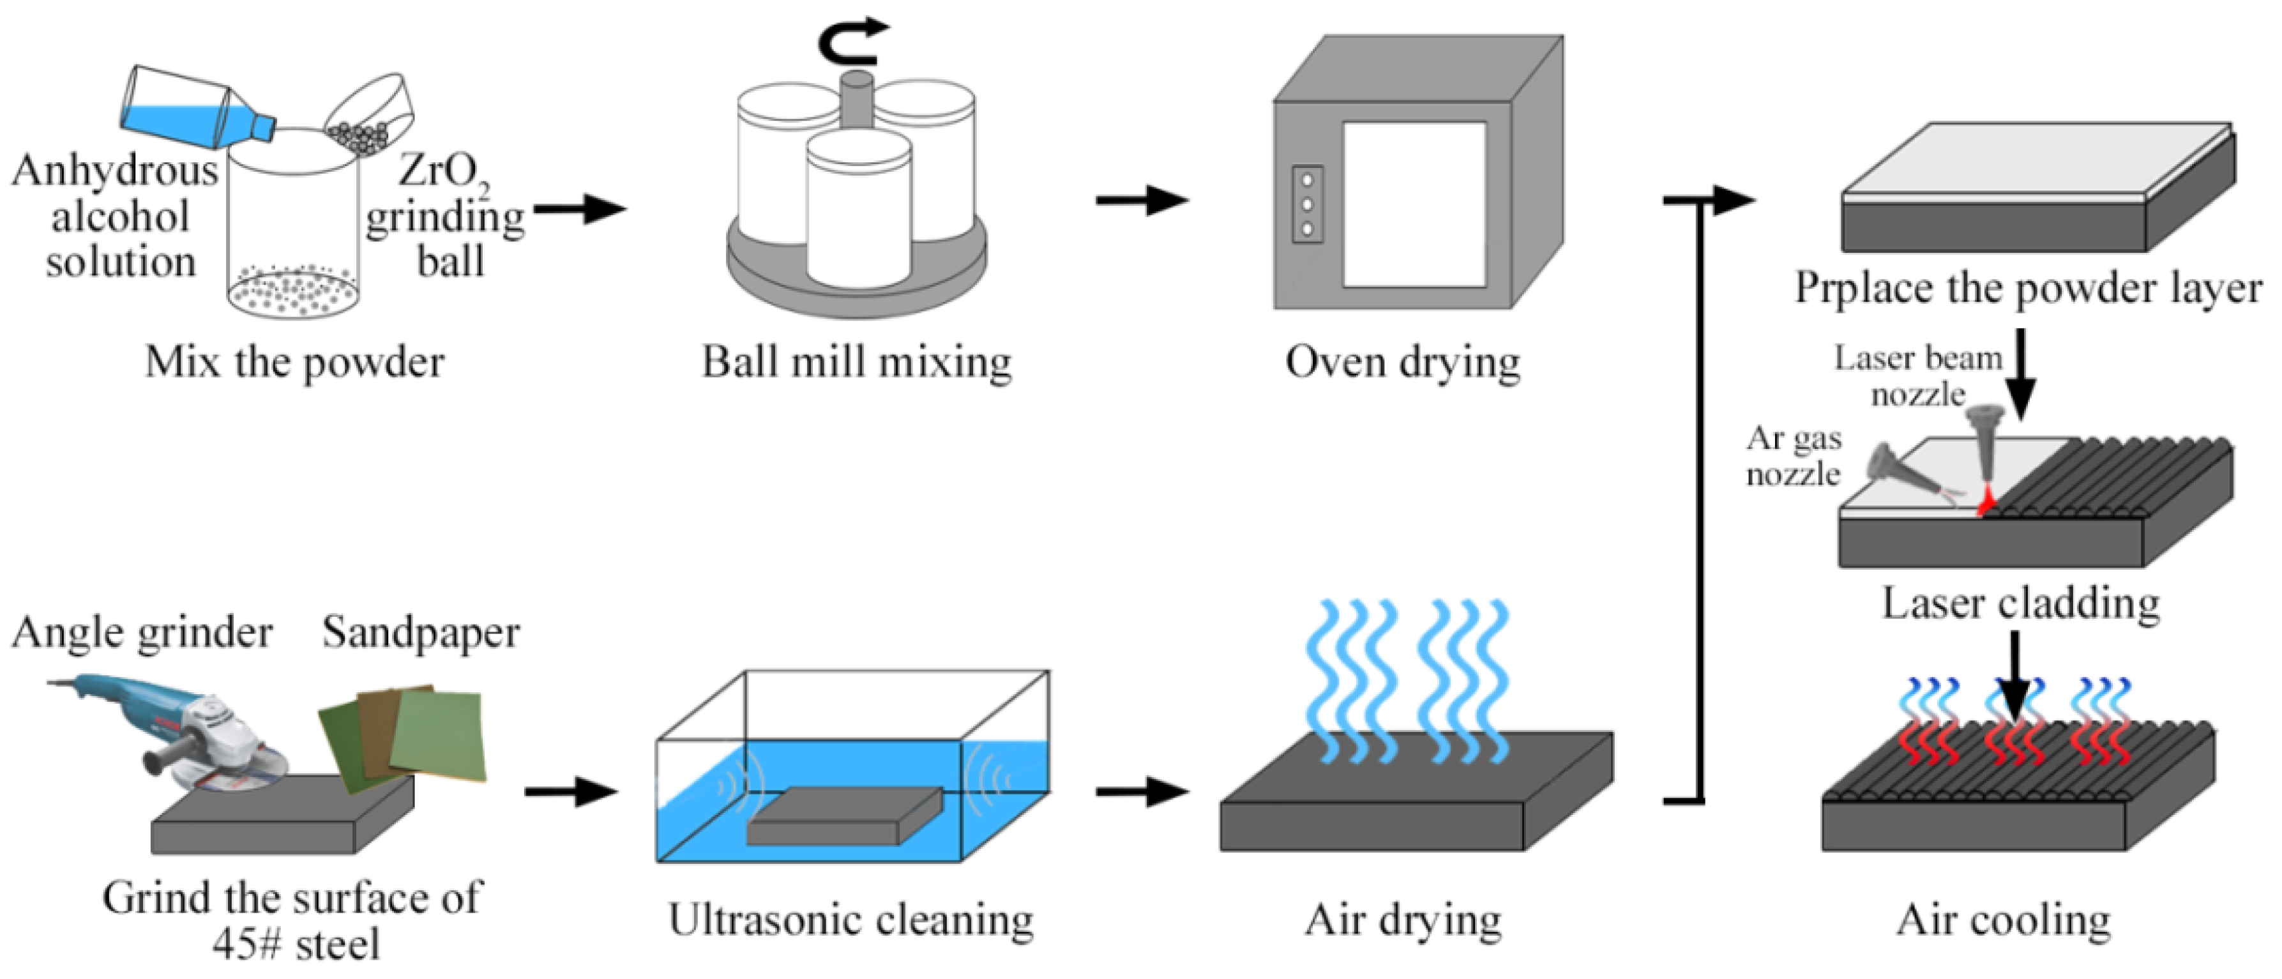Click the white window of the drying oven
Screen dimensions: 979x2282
coord(1413,204)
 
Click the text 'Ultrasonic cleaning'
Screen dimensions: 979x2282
coord(850,920)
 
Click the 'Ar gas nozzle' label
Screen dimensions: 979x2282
coord(1794,456)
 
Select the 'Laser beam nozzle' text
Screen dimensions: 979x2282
coord(1918,375)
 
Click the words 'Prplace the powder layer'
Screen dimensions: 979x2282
coord(2029,289)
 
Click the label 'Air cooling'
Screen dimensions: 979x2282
coord(2004,920)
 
